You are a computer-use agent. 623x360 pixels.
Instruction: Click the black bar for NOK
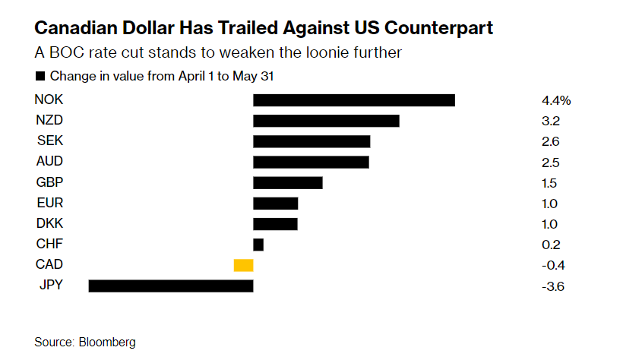pos(353,100)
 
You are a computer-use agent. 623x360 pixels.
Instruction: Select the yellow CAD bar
pos(243,265)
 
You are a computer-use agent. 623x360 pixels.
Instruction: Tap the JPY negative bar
pos(171,286)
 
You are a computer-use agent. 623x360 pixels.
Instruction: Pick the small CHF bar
pos(258,245)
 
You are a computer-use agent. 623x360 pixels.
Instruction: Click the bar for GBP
pos(287,182)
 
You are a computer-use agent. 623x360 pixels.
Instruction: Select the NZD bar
pos(326,121)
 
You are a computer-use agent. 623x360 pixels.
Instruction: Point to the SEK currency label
pos(49,141)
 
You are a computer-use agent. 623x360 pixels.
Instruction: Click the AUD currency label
pos(49,161)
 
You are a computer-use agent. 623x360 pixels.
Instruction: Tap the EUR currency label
pos(49,203)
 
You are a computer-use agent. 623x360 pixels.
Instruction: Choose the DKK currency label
pos(49,223)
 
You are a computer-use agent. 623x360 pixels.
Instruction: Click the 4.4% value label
pos(557,100)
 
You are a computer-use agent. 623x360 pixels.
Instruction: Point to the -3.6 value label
pos(553,286)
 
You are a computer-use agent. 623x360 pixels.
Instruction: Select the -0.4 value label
pos(553,266)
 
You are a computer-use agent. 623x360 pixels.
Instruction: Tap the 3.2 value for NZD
pos(551,121)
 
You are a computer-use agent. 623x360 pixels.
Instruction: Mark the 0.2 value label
pos(551,245)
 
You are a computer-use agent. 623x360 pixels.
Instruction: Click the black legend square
pos(40,76)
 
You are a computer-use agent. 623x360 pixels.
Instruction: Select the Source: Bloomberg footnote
pos(85,342)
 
